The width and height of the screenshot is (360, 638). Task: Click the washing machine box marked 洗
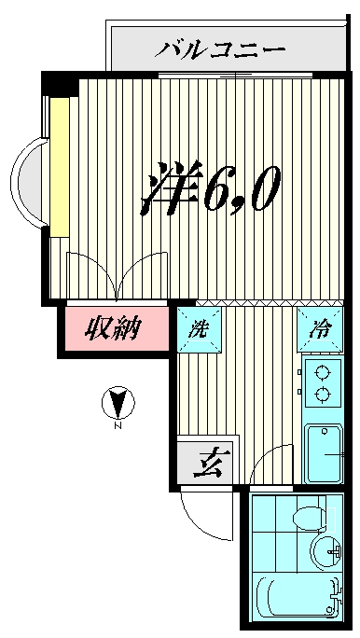pos(199,329)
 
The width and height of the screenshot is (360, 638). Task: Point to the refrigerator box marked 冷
pos(320,329)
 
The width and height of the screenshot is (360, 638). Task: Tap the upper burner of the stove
pos(323,375)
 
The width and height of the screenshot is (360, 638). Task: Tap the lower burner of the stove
pos(323,395)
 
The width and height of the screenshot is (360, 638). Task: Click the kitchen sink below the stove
pos(323,452)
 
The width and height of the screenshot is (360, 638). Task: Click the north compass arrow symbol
pos(118,404)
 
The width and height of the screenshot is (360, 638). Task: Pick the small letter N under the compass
pos(118,427)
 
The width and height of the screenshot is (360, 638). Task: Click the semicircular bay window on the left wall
pos(30,181)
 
